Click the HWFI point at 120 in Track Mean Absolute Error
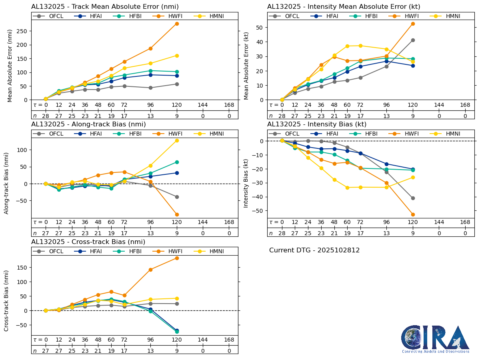(177, 24)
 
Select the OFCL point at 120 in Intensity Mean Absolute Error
(413, 40)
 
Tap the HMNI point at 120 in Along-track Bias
(177, 140)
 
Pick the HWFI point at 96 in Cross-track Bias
(150, 270)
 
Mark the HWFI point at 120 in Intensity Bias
(413, 214)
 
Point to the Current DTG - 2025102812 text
(314, 250)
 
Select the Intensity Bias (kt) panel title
(317, 124)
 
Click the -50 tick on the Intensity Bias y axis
(262, 210)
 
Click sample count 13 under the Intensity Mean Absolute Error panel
(386, 116)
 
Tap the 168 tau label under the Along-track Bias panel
(229, 222)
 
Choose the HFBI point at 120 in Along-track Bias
(177, 162)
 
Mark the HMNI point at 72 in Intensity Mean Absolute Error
(360, 46)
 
